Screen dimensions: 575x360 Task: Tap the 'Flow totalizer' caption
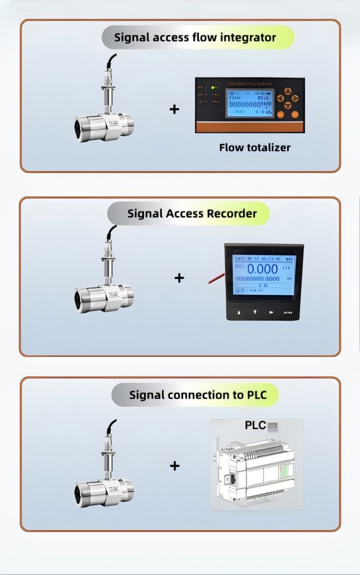point(255,148)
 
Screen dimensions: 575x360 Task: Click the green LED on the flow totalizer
point(213,87)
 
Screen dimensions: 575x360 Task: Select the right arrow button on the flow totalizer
point(295,98)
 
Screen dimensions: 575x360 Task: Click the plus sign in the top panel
point(174,109)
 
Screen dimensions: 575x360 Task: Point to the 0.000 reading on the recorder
point(262,269)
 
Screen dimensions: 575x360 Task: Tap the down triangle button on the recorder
point(255,312)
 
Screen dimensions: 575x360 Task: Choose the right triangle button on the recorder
point(271,312)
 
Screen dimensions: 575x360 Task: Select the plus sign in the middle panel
point(179,278)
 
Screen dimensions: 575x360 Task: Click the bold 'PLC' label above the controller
point(255,425)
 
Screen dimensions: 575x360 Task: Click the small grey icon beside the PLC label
point(272,426)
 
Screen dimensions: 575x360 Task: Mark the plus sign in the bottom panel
point(175,465)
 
